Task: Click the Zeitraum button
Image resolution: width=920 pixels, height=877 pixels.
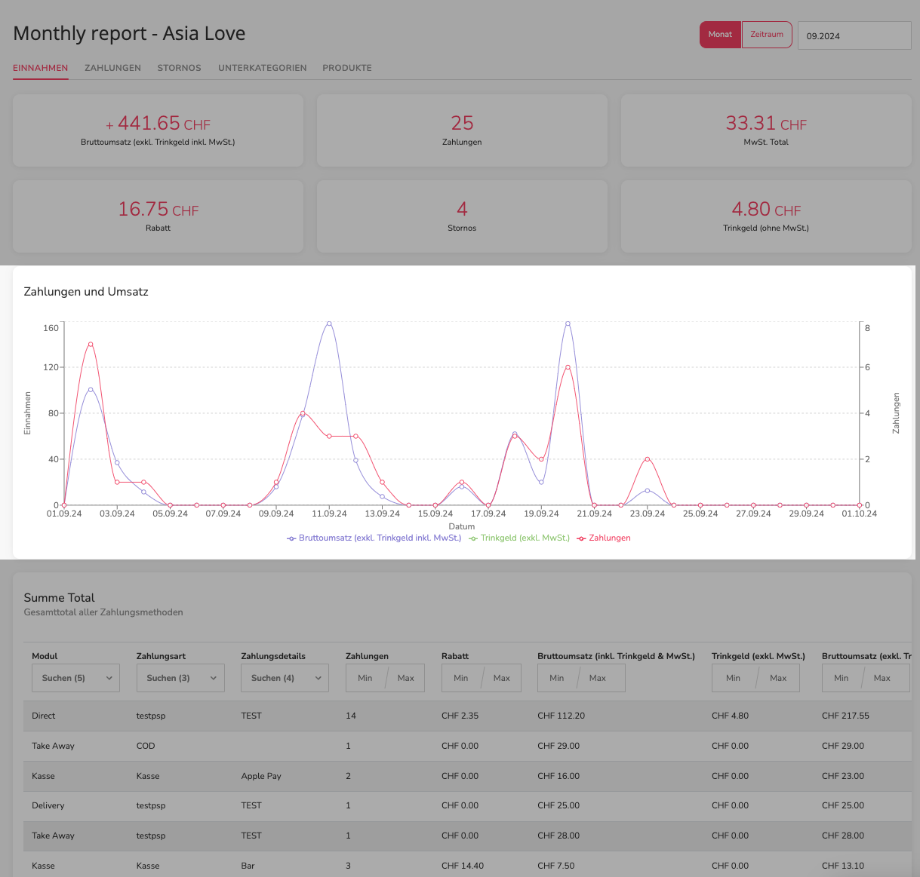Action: [x=767, y=35]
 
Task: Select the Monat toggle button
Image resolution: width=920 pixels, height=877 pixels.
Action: [x=720, y=35]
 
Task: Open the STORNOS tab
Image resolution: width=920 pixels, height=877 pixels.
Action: [x=179, y=68]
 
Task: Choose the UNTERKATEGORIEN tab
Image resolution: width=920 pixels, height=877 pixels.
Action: [x=262, y=68]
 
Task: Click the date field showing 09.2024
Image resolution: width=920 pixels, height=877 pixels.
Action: [x=854, y=35]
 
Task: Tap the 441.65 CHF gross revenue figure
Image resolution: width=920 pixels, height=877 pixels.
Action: [x=158, y=124]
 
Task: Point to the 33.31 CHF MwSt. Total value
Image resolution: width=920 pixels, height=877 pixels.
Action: [x=766, y=124]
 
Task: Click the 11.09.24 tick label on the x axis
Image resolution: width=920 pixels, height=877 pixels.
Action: [x=329, y=514]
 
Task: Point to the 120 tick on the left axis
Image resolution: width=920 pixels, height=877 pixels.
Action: [x=51, y=367]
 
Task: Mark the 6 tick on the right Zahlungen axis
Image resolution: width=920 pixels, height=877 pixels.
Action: [x=867, y=367]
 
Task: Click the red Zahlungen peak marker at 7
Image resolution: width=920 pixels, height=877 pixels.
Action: [x=91, y=345]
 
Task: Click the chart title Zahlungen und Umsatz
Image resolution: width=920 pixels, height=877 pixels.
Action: [x=86, y=291]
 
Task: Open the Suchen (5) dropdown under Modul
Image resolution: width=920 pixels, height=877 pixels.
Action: [x=75, y=678]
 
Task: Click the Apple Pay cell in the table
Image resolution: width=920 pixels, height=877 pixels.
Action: [x=261, y=776]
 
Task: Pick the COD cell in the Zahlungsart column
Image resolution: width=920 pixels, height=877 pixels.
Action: [x=146, y=746]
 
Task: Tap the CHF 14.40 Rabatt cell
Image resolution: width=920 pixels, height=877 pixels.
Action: [x=463, y=866]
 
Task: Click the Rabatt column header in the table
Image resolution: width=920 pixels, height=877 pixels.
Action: [x=455, y=656]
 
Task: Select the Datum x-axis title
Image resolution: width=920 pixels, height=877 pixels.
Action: [x=461, y=526]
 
